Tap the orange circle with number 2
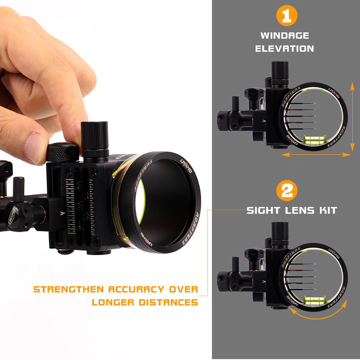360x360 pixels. click(x=287, y=190)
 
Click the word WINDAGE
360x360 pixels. click(x=285, y=36)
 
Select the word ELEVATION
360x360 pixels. click(x=285, y=49)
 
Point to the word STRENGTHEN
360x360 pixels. click(x=69, y=289)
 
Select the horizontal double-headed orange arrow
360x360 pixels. click(x=316, y=155)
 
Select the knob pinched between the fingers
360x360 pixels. click(x=63, y=153)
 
